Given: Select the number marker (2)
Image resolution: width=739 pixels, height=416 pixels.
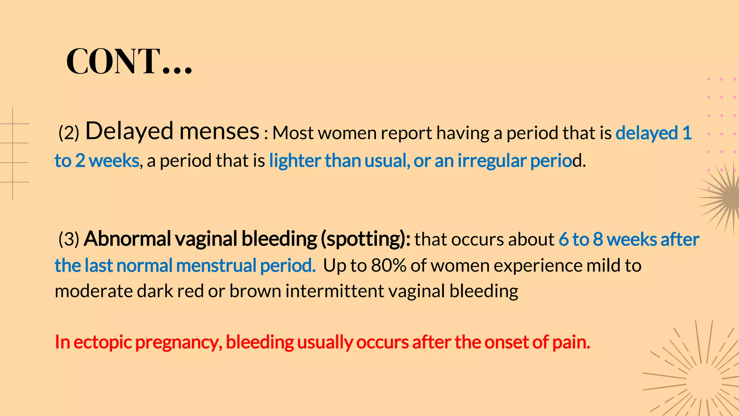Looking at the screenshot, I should pyautogui.click(x=69, y=133).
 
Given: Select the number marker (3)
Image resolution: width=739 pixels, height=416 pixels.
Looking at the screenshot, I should pyautogui.click(x=69, y=239).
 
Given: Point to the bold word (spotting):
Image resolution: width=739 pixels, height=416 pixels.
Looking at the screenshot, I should pyautogui.click(x=366, y=239).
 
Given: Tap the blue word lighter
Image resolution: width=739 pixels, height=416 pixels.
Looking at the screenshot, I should pyautogui.click(x=295, y=161).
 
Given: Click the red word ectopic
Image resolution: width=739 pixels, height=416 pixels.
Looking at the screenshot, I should pyautogui.click(x=102, y=342).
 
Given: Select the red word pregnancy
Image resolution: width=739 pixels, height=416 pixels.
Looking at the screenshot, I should pyautogui.click(x=178, y=342).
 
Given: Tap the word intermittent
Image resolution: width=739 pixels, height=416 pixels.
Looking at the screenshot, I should pyautogui.click(x=334, y=291).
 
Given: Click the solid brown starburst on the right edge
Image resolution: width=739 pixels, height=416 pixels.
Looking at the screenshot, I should pyautogui.click(x=725, y=197).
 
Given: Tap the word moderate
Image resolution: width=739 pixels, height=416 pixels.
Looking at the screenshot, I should pyautogui.click(x=93, y=291).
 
